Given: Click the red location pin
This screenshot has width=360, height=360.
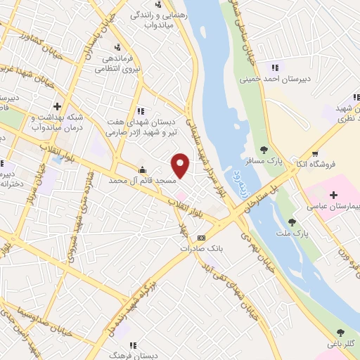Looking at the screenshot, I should click(181, 165).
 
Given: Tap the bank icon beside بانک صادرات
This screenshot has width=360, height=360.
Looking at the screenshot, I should click(201, 238).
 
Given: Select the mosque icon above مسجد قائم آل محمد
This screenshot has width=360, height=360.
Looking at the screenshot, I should click(143, 169).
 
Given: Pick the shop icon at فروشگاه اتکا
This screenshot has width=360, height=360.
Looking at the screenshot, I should click(316, 153).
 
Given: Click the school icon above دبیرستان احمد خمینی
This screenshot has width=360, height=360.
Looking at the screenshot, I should click(275, 67).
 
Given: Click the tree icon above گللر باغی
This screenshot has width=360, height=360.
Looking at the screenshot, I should click(340, 333).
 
